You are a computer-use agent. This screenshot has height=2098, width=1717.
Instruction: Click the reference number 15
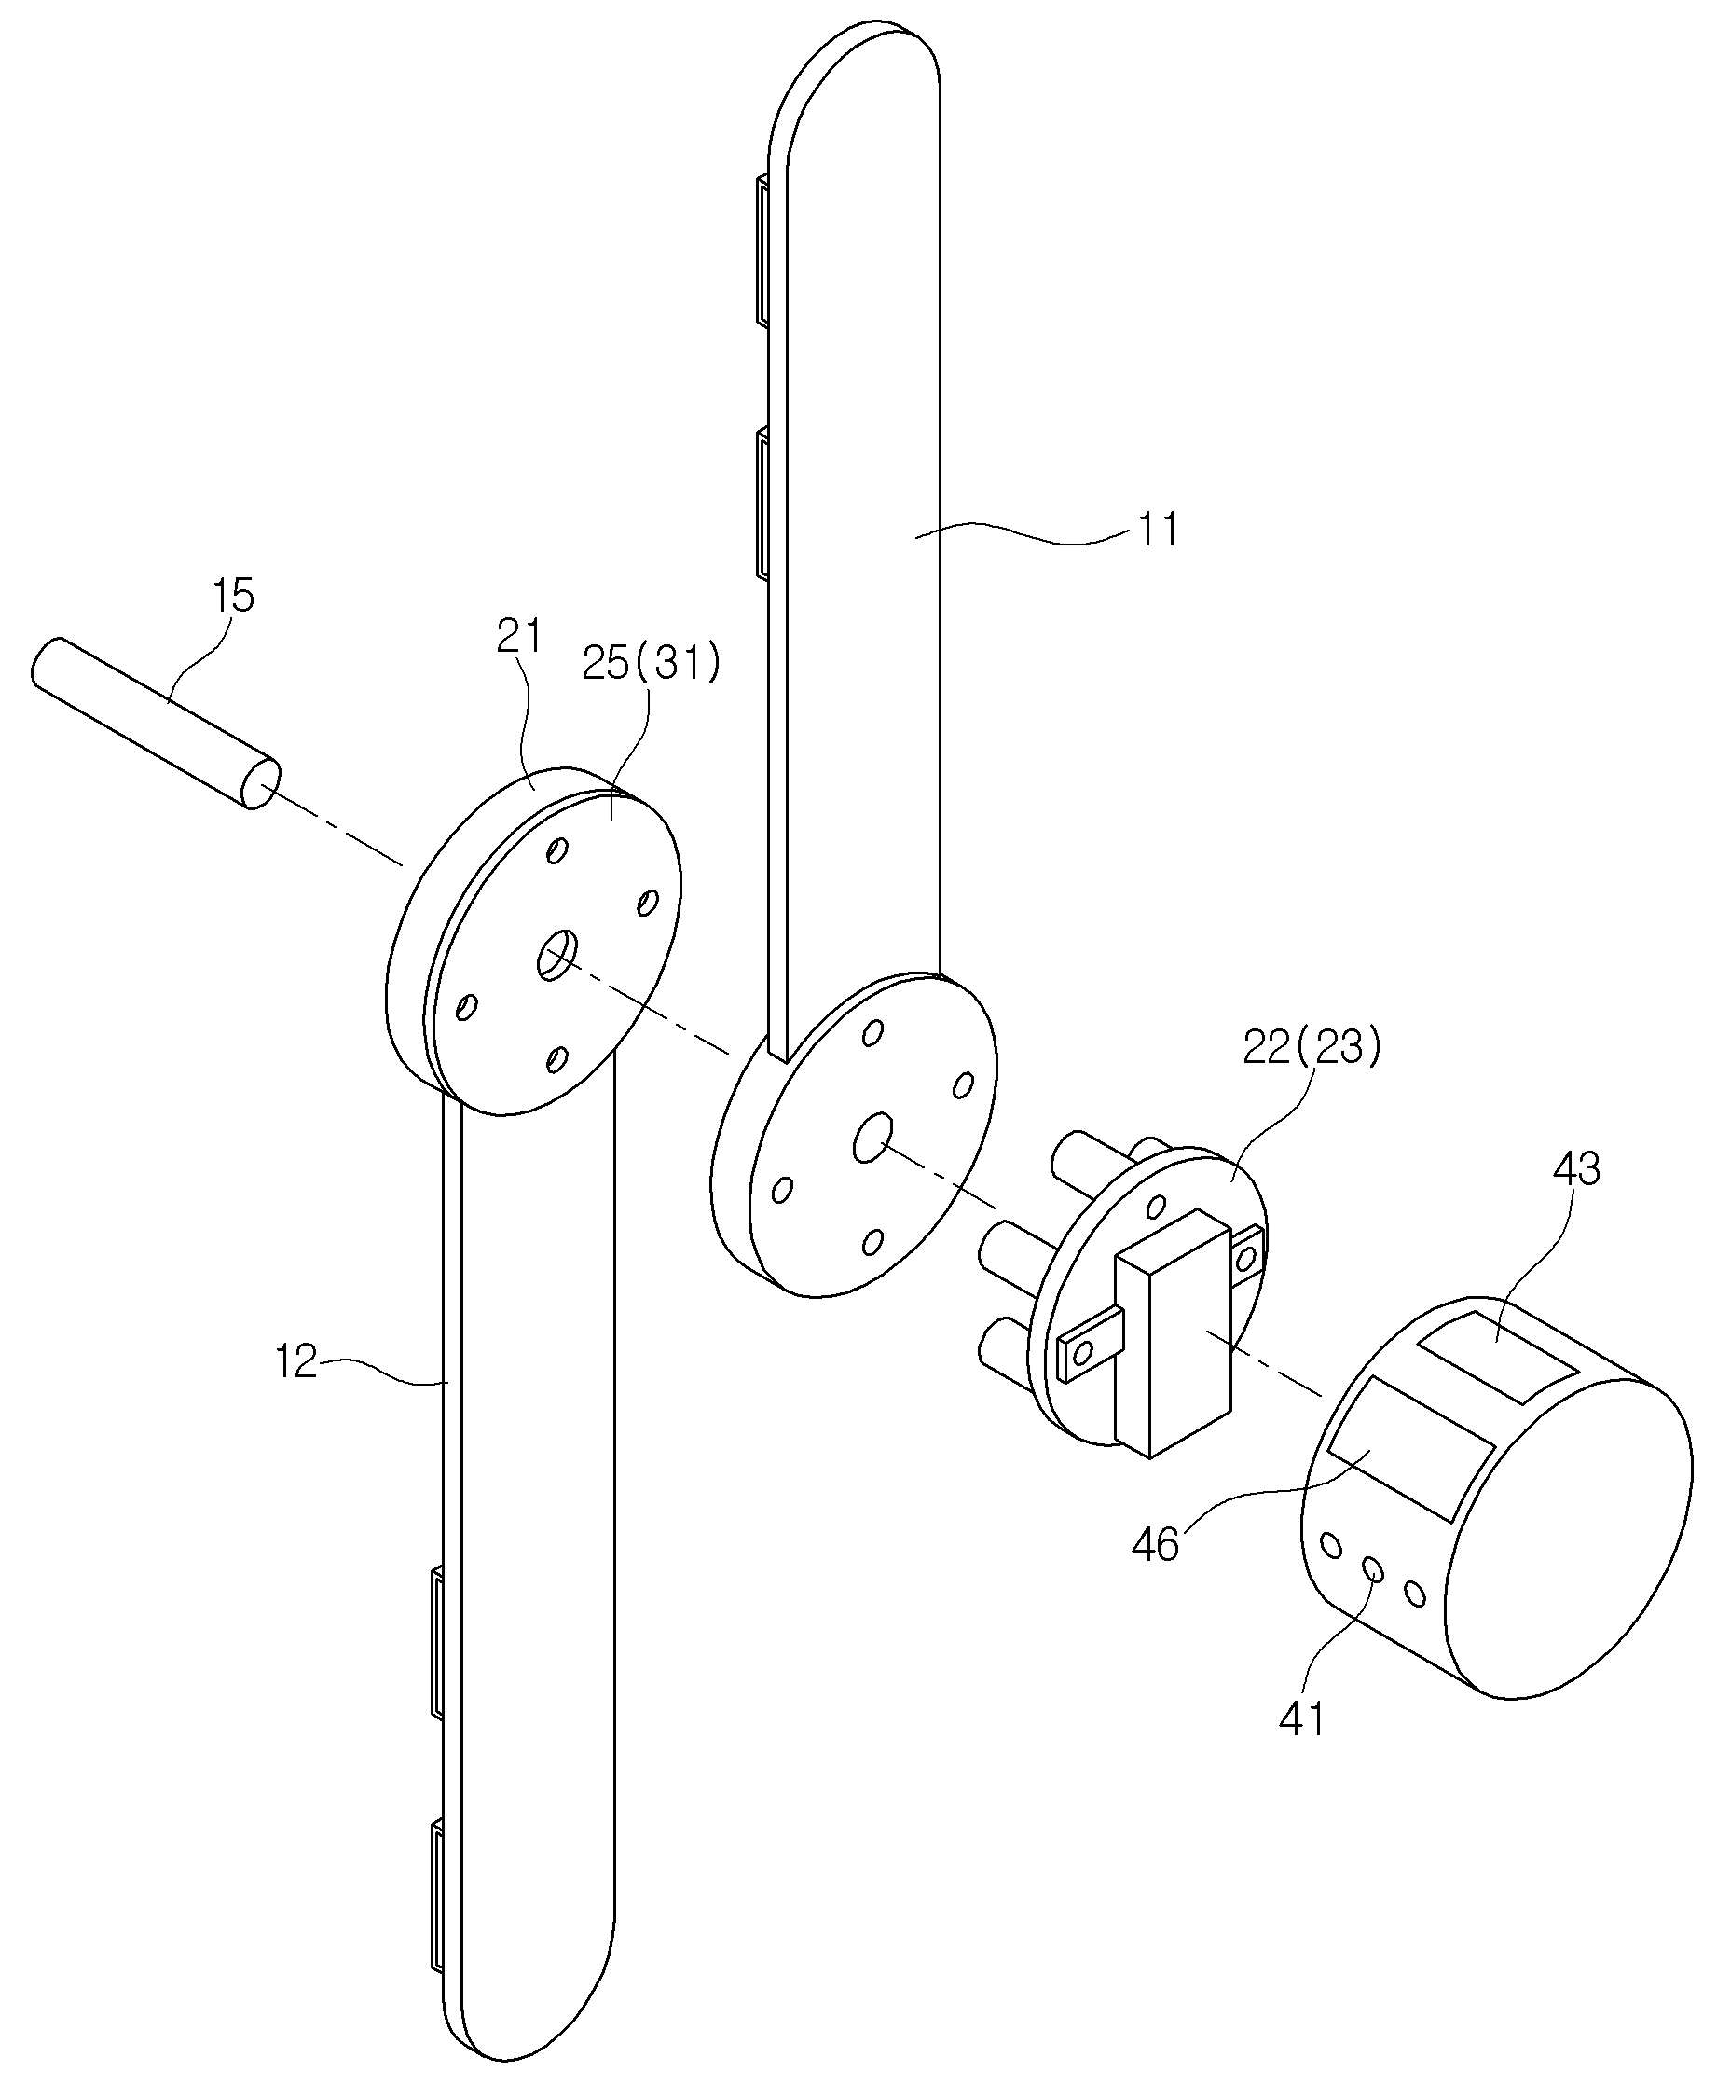[x=233, y=597]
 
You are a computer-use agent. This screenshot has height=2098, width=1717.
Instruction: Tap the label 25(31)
[x=651, y=663]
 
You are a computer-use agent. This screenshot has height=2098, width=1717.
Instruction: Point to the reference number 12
[x=295, y=1362]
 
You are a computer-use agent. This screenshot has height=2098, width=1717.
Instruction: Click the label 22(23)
[x=1311, y=1047]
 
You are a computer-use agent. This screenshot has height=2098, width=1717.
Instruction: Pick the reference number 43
[x=1575, y=1170]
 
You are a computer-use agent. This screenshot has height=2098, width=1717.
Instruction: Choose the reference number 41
[x=1301, y=1720]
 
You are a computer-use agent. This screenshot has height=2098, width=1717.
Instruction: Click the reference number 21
[x=519, y=637]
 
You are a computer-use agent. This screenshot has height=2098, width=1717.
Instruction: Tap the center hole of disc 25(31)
[x=556, y=955]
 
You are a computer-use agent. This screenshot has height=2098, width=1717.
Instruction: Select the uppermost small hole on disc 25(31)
[x=557, y=849]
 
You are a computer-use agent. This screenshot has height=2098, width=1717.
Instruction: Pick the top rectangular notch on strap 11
[x=762, y=250]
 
